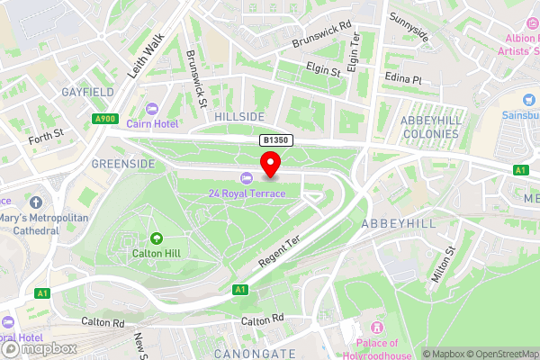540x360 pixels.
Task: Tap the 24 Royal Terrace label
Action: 247,193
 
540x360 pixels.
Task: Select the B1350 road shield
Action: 276,141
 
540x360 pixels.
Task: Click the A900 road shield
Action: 105,118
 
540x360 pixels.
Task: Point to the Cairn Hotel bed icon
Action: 152,109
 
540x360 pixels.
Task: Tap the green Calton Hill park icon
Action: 157,238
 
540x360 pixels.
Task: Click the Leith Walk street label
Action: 146,56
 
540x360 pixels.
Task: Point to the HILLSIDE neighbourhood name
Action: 239,117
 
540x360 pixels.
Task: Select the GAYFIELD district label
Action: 86,92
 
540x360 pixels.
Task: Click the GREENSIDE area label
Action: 123,164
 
